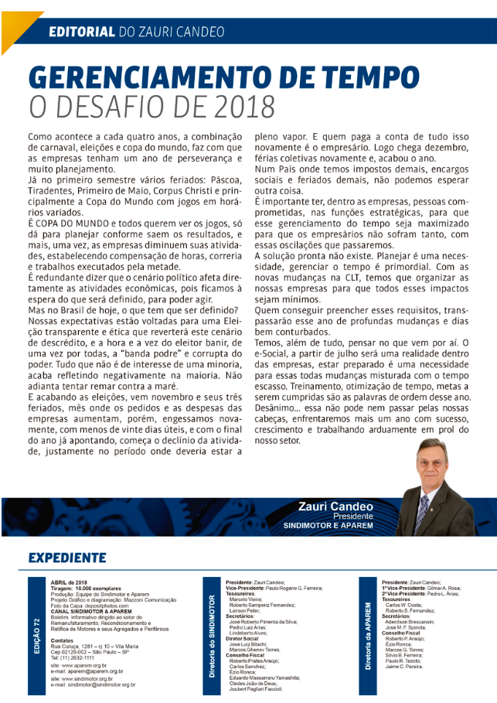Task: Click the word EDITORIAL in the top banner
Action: point(80,32)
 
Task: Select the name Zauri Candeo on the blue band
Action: point(335,507)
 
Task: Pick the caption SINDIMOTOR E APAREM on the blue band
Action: point(328,526)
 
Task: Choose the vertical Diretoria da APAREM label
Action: point(368,626)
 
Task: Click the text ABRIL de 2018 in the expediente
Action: point(70,581)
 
